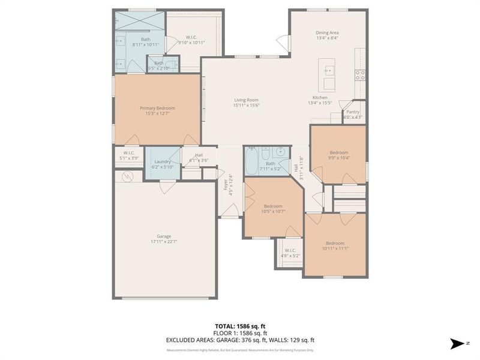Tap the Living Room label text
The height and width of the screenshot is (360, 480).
click(x=246, y=100)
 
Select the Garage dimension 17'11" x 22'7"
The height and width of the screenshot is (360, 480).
click(x=164, y=242)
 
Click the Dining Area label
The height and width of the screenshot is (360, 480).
click(x=328, y=32)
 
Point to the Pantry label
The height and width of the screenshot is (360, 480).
click(x=353, y=112)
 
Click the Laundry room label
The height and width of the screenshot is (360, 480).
click(x=163, y=161)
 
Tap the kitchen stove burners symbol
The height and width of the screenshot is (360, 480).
click(x=361, y=75)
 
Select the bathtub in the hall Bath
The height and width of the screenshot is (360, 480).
click(x=252, y=158)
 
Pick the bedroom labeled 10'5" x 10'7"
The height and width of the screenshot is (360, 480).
click(x=273, y=208)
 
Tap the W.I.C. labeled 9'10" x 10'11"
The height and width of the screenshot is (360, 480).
click(x=192, y=40)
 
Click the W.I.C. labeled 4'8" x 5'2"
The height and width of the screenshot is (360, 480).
click(x=290, y=253)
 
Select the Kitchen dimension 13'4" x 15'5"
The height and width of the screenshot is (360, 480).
click(x=320, y=103)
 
